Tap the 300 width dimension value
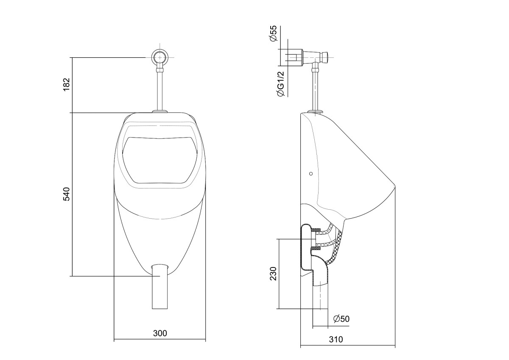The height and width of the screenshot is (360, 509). point(160,333)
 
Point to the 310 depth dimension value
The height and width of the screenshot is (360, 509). point(335,340)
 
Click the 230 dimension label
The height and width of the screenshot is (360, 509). point(274,274)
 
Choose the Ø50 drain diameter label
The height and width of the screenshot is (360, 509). point(341,319)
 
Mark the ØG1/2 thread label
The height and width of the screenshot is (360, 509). point(280,84)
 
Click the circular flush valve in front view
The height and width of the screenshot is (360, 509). point(160,57)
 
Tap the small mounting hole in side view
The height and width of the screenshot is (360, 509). point(311,174)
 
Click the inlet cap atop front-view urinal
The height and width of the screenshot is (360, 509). point(160,112)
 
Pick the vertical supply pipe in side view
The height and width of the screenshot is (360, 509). point(316,89)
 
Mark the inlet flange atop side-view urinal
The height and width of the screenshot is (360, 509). point(316,112)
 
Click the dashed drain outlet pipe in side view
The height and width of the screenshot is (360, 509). point(320,297)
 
